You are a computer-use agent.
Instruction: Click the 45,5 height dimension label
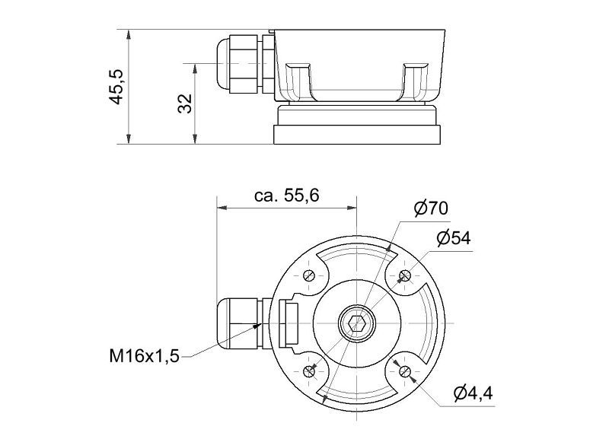[x=116, y=87]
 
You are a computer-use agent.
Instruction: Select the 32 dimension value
[x=185, y=103]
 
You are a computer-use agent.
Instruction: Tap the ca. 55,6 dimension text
[x=287, y=196]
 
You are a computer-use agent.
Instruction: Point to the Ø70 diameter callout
[x=431, y=208]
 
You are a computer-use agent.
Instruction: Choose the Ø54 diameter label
[x=453, y=238]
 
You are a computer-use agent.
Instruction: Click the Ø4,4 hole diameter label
[x=473, y=393]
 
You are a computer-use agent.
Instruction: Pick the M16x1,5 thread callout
[x=144, y=355]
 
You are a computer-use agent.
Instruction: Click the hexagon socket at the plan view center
[x=356, y=323]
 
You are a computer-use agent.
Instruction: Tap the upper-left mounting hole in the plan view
[x=309, y=275]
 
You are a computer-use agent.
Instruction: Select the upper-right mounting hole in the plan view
[x=404, y=275]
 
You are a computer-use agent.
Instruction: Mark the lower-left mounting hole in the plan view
[x=309, y=371]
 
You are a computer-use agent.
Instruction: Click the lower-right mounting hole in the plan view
[x=404, y=371]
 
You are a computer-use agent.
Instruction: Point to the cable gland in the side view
[x=244, y=64]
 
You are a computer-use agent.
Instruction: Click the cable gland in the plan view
[x=244, y=323]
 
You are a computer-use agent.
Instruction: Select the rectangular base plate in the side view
[x=357, y=135]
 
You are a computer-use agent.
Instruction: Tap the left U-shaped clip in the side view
[x=298, y=81]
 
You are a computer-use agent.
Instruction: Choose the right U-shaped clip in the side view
[x=415, y=81]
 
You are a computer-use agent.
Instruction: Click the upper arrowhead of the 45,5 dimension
[x=129, y=34]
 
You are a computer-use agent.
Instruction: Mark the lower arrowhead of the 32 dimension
[x=196, y=139]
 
